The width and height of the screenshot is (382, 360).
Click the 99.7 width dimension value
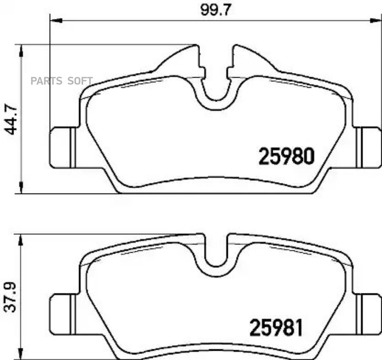tap(215, 11)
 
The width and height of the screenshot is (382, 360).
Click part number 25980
tap(286, 156)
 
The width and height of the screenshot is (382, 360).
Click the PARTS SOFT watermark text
tap(62, 81)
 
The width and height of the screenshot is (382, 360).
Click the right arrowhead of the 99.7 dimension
tap(376, 21)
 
